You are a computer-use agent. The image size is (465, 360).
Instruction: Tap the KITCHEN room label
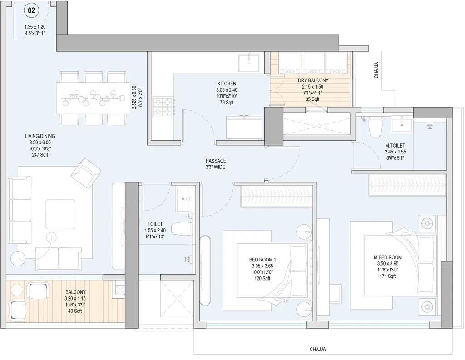tap(227, 84)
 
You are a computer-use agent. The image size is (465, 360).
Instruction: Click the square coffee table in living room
tap(60, 215)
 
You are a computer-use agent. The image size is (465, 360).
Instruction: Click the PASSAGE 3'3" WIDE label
tap(215, 164)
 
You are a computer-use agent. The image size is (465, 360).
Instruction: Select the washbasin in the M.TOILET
tap(402, 123)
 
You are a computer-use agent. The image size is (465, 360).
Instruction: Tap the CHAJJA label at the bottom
tap(318, 350)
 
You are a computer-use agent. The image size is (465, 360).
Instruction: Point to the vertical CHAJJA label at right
tap(376, 70)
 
